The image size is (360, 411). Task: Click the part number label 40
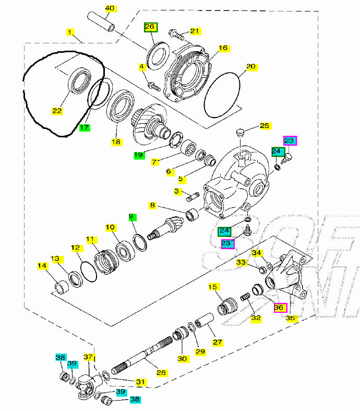[x=110, y=8]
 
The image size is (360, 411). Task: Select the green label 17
[x=85, y=126]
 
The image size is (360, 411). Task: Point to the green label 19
[x=138, y=155]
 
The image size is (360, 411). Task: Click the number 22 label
[x=57, y=110]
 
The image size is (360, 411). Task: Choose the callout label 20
[x=251, y=66]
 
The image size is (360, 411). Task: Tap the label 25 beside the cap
[x=265, y=126]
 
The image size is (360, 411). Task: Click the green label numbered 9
[x=133, y=216]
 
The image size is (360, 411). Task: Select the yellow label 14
[x=41, y=266]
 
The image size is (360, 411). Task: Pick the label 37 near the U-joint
[x=88, y=357]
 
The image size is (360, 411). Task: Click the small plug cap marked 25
[x=240, y=132]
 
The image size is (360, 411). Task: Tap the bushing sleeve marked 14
[x=62, y=286]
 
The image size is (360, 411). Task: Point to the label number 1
[x=69, y=32]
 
